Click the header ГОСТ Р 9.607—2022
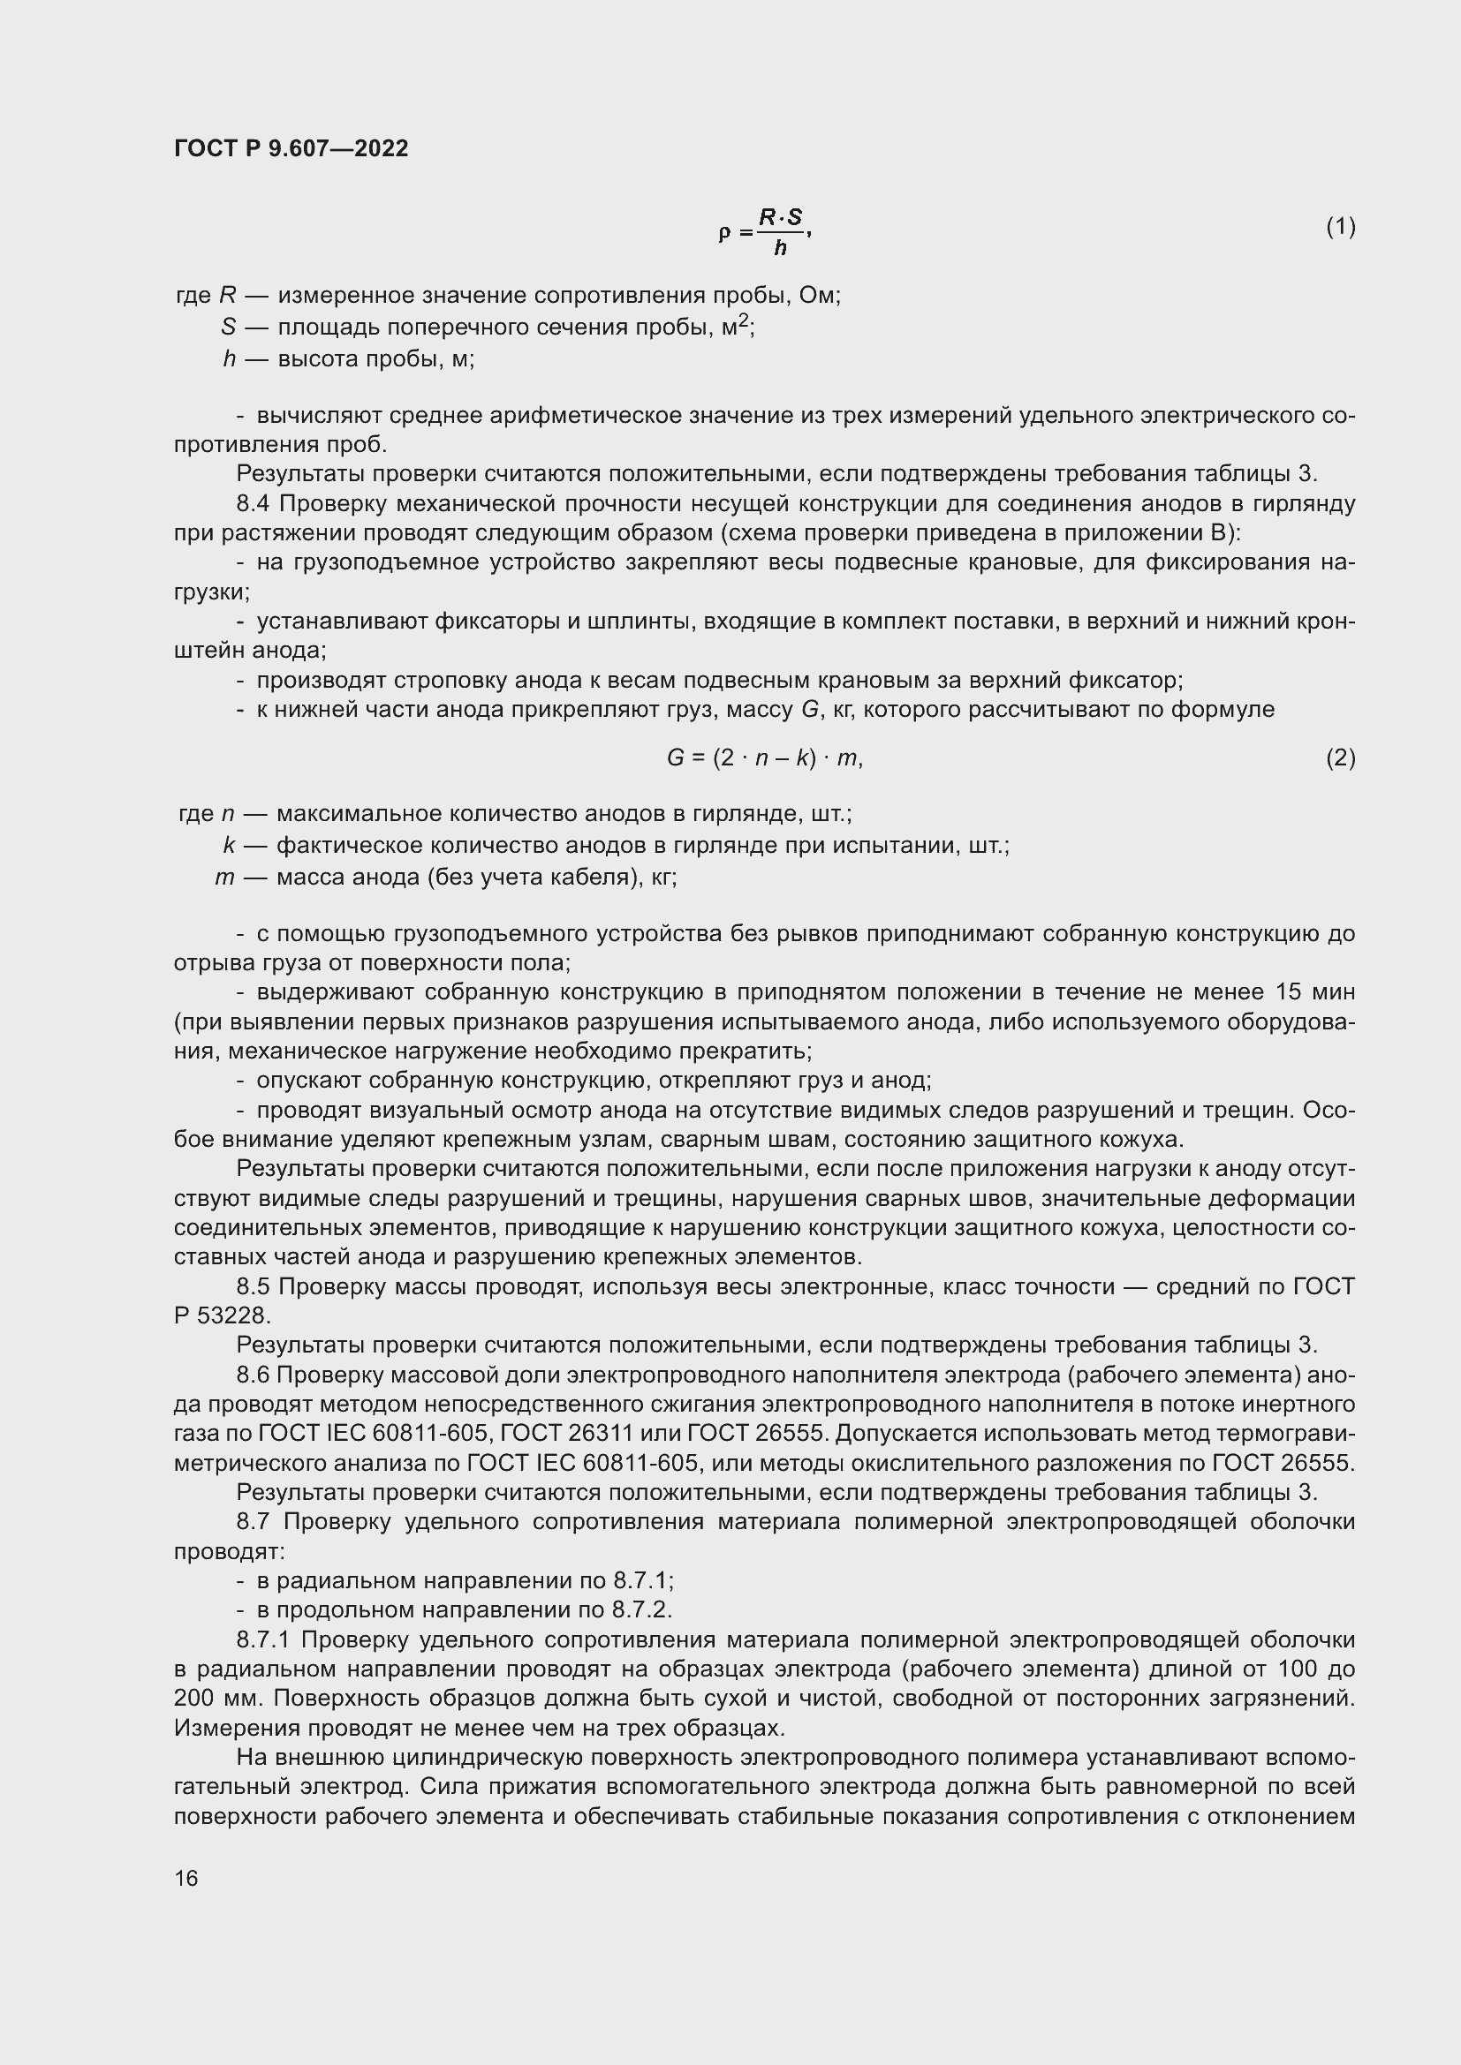[291, 148]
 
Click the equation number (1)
[1340, 227]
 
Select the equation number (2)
[1340, 757]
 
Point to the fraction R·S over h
[780, 231]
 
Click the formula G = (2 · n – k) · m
[764, 758]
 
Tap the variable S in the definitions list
[228, 328]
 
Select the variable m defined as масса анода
[224, 877]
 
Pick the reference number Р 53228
[221, 1315]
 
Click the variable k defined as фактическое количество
[229, 846]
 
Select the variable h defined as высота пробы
[229, 359]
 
